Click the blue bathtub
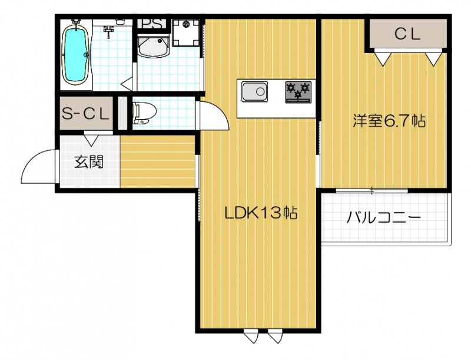point(76,55)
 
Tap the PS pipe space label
point(152,25)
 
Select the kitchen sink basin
point(254,92)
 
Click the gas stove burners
point(297,91)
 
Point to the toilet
point(142,113)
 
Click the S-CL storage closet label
point(86,114)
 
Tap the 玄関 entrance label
point(89,161)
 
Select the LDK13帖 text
point(259,213)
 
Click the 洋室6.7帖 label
point(389,122)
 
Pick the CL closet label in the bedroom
point(407,34)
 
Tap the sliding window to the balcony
point(372,190)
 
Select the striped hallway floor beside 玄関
point(158,162)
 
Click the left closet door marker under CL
point(383,58)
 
